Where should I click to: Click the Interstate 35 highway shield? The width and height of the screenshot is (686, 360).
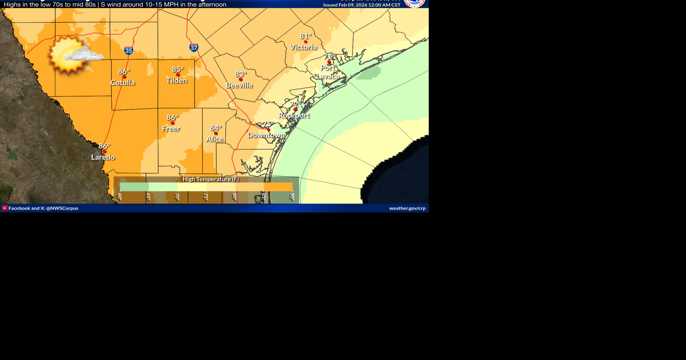(129, 50)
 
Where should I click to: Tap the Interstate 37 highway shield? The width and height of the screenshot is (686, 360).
(194, 47)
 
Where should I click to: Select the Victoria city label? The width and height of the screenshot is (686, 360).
(303, 47)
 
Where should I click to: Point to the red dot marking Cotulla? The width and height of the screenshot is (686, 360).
(124, 77)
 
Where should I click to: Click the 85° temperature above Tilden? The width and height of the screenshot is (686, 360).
(178, 69)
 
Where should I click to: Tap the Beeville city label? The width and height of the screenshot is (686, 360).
(239, 85)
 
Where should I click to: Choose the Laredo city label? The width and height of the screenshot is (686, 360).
(103, 157)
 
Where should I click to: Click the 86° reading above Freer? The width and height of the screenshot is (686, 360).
(172, 117)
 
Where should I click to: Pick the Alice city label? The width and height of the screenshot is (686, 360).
(214, 139)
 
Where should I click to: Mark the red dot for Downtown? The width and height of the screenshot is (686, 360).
(268, 129)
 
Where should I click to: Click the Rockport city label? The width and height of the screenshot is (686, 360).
(294, 115)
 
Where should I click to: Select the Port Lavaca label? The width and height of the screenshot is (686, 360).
(328, 72)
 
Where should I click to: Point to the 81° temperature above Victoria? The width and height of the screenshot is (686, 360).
(305, 36)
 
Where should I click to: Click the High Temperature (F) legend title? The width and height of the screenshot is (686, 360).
(211, 179)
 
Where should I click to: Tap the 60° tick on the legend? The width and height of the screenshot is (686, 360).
(120, 197)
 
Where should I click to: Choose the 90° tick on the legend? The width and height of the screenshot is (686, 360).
(292, 197)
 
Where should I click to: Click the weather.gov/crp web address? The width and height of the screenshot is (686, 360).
(407, 208)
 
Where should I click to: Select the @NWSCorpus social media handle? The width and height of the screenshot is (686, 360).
(62, 208)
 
